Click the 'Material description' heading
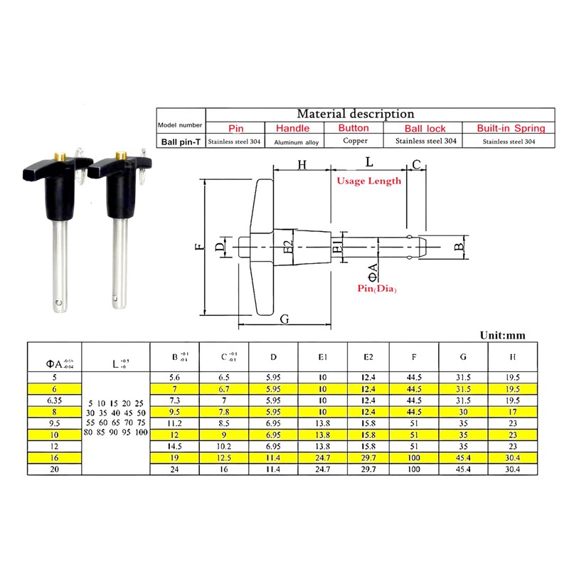coord(355,113)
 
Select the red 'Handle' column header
coord(292,128)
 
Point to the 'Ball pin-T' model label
coord(180,142)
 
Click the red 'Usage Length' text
coord(368,181)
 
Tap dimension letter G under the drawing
coord(284,319)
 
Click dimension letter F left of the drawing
coord(198,248)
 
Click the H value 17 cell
coord(512,411)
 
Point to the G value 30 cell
coord(464,411)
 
